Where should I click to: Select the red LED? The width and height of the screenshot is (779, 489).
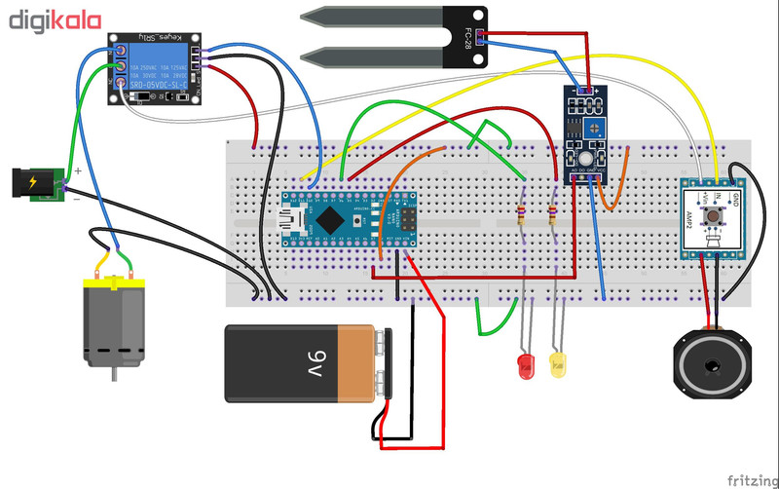527,366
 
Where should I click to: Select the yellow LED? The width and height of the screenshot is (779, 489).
559,366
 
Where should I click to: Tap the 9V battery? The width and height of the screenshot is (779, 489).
302,363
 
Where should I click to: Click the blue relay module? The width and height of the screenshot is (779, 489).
156,68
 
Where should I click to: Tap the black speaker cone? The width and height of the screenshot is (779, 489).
713,367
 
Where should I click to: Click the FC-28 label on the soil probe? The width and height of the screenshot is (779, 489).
470,39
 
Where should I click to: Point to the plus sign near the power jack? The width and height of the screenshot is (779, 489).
78,169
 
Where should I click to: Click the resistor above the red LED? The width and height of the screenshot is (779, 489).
523,215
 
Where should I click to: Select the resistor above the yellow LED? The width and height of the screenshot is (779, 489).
553,215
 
